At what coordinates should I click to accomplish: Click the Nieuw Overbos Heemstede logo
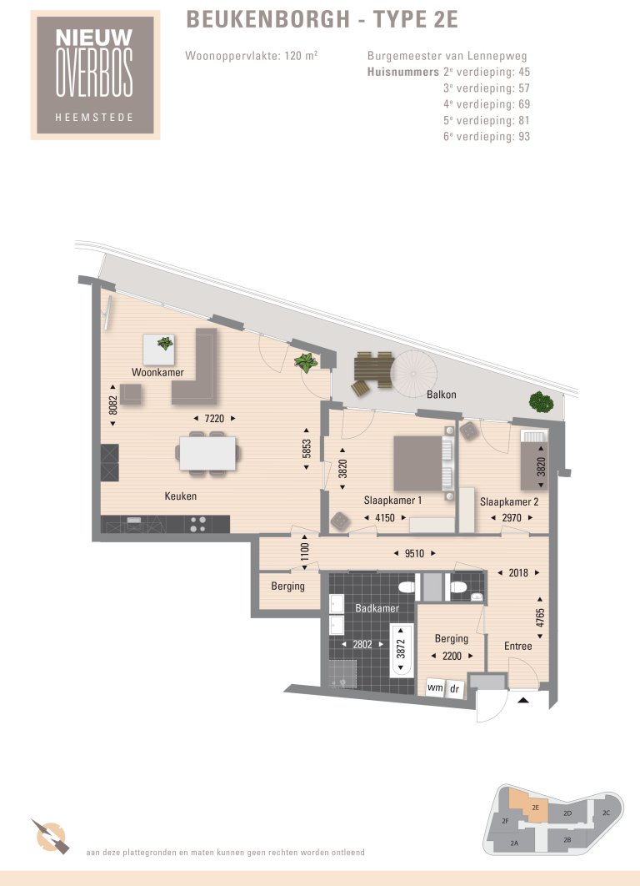[x=93, y=74]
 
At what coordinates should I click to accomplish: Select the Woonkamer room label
[x=157, y=372]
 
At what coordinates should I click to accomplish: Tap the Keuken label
[x=180, y=496]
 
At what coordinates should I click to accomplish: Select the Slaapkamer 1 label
[x=392, y=501]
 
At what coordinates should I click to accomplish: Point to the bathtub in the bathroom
[x=401, y=653]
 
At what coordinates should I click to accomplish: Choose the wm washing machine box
[x=435, y=687]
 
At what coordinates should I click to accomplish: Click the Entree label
[x=517, y=646]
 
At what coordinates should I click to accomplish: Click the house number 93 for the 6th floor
[x=523, y=137]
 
